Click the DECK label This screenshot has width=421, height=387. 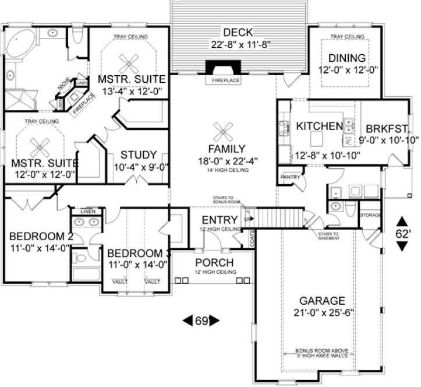(239, 32)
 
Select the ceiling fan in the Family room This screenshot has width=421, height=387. (222, 129)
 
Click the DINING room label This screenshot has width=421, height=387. (346, 58)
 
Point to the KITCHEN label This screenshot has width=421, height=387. (319, 126)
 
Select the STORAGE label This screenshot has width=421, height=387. (370, 215)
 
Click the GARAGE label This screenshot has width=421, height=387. (322, 301)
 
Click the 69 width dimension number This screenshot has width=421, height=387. (201, 320)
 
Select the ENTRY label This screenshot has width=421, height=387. (220, 220)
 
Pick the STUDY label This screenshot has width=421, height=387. (138, 155)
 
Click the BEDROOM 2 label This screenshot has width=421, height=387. (41, 237)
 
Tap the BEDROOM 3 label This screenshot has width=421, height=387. (139, 254)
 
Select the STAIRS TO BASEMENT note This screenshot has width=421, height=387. (330, 236)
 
